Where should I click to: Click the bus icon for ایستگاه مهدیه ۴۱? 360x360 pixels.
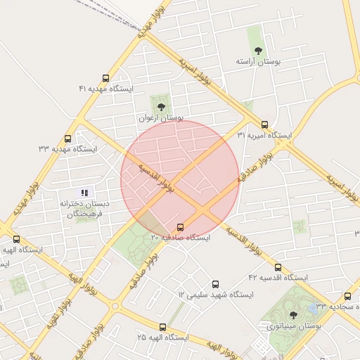click(105, 79)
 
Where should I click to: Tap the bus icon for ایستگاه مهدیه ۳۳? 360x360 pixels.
click(67, 139)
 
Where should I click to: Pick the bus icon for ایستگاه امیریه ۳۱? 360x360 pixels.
click(264, 124)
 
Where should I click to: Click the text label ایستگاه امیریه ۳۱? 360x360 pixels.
click(264, 134)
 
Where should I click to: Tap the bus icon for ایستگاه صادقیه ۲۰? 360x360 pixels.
click(181, 227)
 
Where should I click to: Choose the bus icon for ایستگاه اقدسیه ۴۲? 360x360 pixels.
click(278, 267)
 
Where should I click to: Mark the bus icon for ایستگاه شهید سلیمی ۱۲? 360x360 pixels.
click(215, 283)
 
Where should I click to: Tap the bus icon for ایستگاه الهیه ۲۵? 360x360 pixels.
click(163, 327)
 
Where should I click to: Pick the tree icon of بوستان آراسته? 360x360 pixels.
click(258, 51)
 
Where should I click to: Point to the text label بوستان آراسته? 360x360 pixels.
click(258, 62)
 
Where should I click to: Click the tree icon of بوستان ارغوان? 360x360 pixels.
click(161, 107)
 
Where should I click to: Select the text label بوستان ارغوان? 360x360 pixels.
click(161, 118)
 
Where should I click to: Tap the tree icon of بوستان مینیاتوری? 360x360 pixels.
click(293, 315)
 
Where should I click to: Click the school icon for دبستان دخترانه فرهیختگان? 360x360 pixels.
click(84, 193)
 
